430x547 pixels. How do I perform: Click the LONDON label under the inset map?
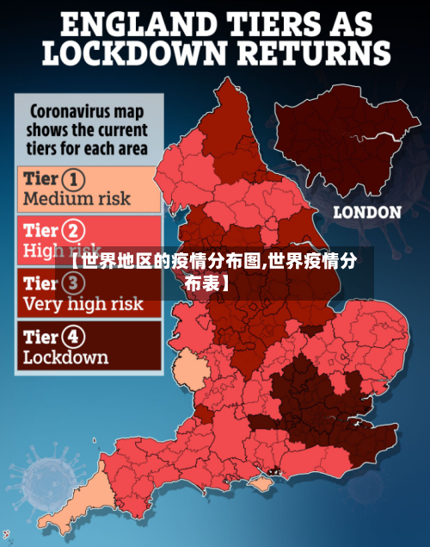point(366,212)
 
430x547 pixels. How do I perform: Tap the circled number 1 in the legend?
point(75,180)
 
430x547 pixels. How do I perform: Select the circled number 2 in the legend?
point(76,231)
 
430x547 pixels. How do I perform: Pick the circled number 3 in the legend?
point(75,283)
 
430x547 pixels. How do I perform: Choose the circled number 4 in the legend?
point(76,337)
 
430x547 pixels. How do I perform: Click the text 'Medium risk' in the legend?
point(77,199)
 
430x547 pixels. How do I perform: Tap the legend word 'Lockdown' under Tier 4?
point(65,357)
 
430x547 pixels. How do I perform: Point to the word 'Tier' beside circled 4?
point(41,337)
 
